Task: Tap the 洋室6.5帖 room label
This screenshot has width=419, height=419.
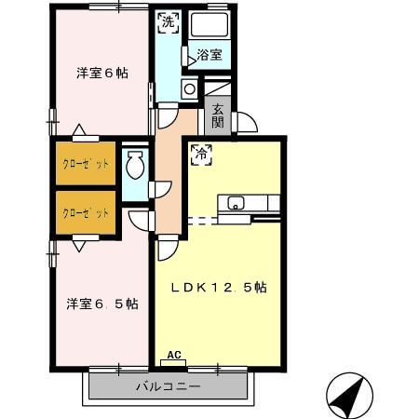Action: (101, 304)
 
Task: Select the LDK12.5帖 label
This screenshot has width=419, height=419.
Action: (219, 288)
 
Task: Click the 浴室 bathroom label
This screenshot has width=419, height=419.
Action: (209, 55)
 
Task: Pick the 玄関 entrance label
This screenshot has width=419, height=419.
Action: (217, 115)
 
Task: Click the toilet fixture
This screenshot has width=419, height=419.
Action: (134, 167)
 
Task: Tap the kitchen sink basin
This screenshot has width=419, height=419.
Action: (234, 202)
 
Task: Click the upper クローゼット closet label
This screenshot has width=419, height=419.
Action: (86, 165)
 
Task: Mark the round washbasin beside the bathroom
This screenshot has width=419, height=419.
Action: (189, 89)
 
